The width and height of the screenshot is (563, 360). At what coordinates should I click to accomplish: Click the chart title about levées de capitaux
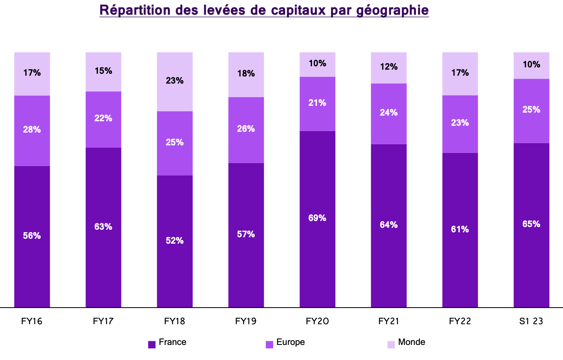click(264, 10)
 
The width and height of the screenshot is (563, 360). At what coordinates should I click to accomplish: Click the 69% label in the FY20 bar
click(317, 218)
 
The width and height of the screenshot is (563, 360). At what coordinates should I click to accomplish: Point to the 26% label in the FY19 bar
click(246, 129)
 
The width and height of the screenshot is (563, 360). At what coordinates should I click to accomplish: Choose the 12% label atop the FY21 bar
click(389, 67)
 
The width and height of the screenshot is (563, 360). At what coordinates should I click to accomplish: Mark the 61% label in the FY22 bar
click(460, 229)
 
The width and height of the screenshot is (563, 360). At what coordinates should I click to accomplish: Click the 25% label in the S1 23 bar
click(531, 110)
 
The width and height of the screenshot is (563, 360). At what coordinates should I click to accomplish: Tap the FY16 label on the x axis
click(32, 321)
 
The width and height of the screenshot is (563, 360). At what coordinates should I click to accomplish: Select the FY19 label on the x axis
click(246, 321)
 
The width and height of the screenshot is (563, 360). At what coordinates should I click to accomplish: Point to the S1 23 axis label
click(531, 321)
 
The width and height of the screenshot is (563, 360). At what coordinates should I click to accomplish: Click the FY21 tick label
click(389, 321)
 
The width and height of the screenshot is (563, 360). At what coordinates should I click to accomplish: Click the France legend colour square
click(152, 344)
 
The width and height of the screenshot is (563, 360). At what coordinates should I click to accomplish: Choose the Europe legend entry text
click(291, 342)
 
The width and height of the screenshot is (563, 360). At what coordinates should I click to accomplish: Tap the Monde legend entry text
click(412, 342)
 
